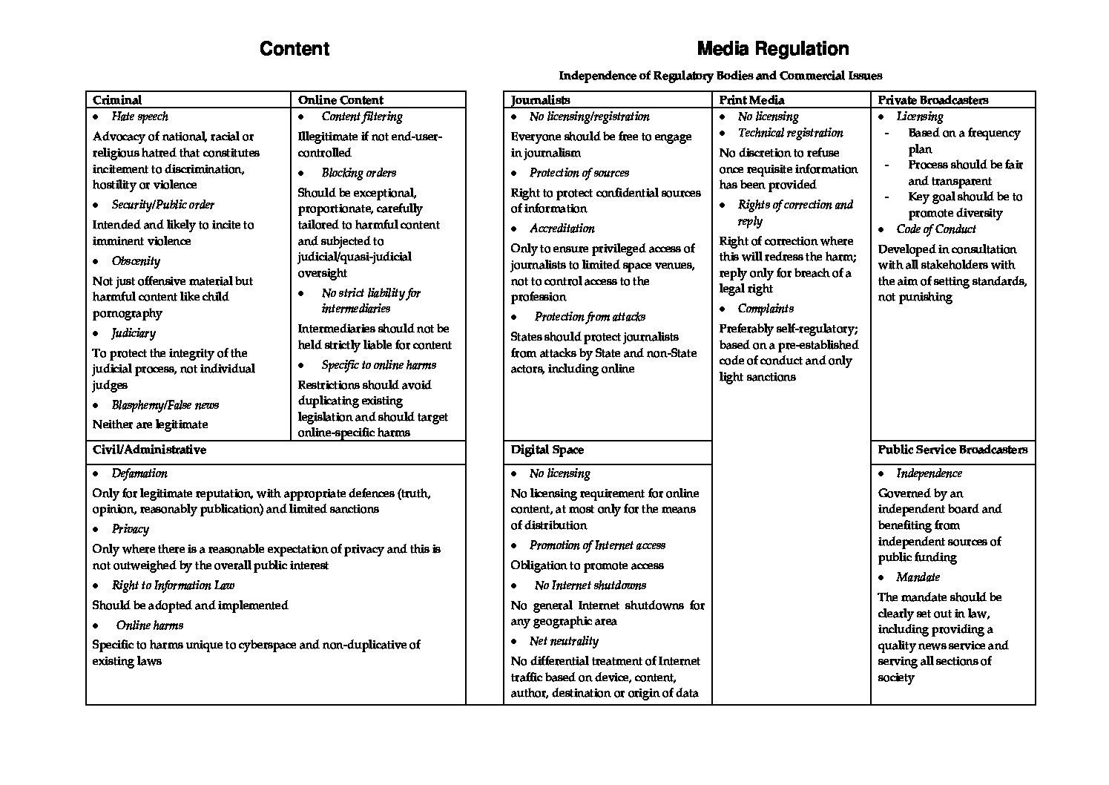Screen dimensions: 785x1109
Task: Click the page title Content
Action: [294, 49]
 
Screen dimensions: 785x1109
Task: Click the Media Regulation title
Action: [773, 49]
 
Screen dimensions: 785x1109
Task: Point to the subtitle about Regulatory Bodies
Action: [720, 75]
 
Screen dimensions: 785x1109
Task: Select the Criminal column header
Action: [117, 100]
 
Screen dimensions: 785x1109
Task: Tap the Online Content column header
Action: [340, 100]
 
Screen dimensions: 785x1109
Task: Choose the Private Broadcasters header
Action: [932, 100]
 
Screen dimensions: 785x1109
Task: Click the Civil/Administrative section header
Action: [149, 450]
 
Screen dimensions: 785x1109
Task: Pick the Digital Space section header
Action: [547, 450]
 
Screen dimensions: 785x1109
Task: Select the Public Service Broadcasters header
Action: [952, 450]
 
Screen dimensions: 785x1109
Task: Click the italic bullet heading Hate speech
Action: [139, 116]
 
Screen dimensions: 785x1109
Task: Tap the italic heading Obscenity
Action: [136, 261]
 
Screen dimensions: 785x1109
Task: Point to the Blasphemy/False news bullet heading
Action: [165, 405]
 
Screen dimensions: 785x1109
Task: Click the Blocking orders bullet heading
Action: [358, 173]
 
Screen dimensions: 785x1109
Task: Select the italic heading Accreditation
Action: [562, 229]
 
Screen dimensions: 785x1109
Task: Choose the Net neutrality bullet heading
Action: [564, 641]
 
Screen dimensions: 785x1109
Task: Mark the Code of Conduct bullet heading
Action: [935, 229]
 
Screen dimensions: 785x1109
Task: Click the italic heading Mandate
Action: [918, 577]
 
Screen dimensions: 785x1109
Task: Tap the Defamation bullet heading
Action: [139, 473]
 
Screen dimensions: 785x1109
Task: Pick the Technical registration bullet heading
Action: [790, 133]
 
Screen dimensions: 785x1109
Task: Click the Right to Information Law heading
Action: [173, 585]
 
